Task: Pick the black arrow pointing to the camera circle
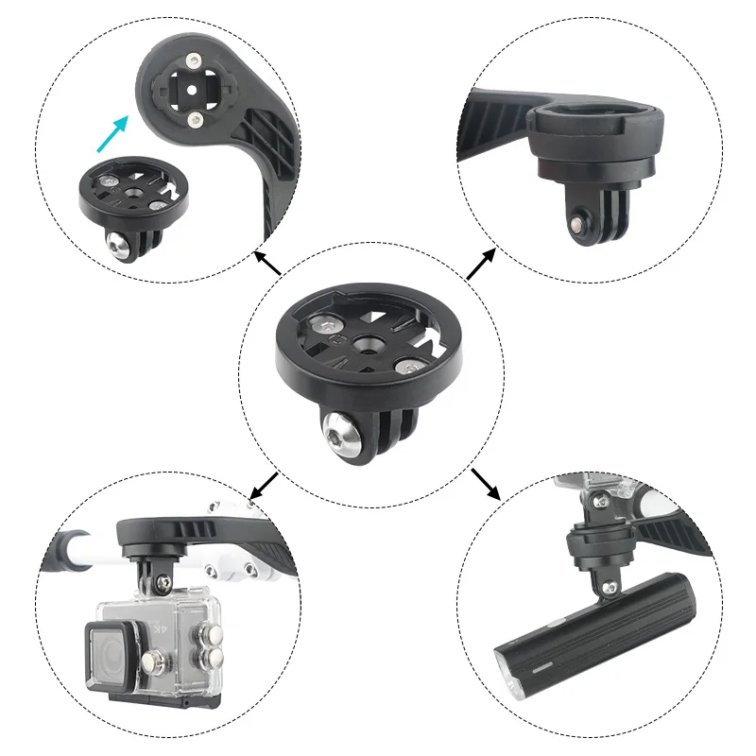[x=264, y=482]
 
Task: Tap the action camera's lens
[x=110, y=653]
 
